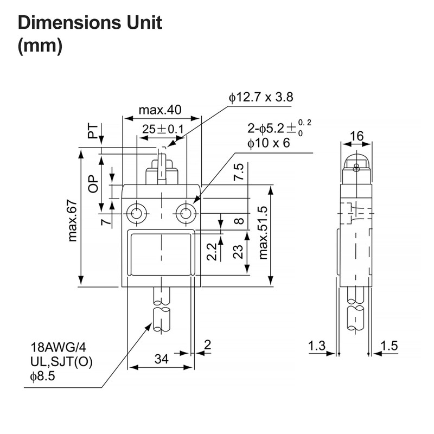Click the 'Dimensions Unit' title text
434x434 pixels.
pos(90,23)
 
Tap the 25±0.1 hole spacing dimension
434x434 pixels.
pos(163,130)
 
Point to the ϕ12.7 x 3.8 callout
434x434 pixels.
pos(260,98)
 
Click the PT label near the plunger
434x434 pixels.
pos(94,131)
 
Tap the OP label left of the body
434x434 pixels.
pos(93,184)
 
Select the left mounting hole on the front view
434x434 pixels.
pos(136,213)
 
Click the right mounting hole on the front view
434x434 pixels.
pos(186,213)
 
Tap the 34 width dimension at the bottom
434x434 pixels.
pos(161,359)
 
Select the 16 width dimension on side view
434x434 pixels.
pos(356,136)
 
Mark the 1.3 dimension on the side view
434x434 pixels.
pos(317,346)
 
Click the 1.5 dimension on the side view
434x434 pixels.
pos(390,346)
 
